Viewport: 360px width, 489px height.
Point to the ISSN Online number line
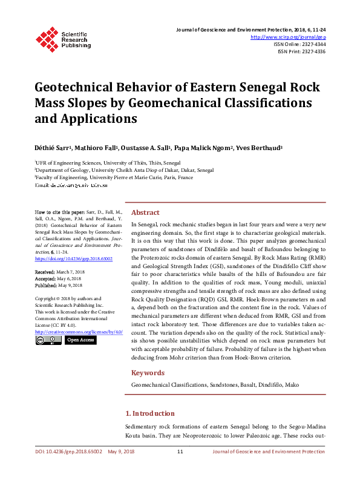(299, 44)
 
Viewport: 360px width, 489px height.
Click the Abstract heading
(145, 212)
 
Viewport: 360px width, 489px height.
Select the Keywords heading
(148, 373)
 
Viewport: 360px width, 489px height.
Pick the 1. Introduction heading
(149, 413)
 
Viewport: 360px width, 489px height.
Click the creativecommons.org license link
(79, 332)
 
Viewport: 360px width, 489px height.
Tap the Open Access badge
(80, 340)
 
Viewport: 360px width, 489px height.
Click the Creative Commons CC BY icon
(48, 340)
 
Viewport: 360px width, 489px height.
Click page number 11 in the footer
(180, 451)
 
